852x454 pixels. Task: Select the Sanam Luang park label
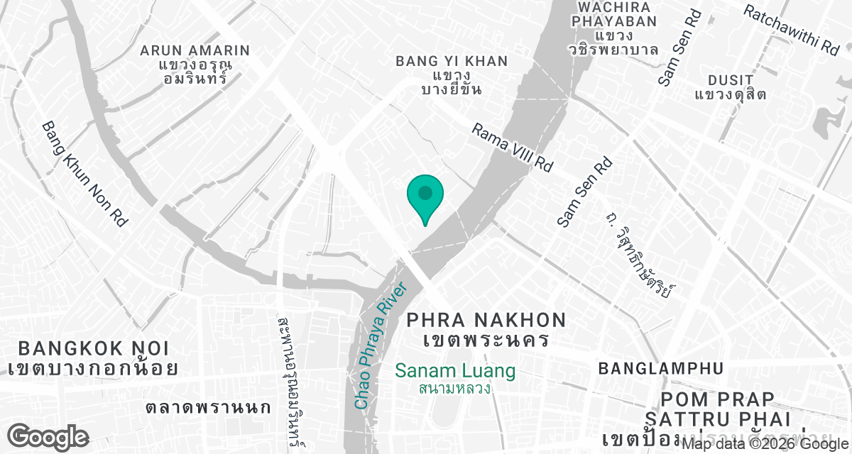[455, 371]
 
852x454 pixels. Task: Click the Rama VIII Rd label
[512, 148]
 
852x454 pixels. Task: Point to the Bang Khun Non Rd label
[84, 174]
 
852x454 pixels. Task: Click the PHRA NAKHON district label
[486, 321]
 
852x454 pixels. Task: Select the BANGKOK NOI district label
[94, 349]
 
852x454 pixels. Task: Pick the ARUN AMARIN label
[195, 50]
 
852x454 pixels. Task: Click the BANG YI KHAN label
[452, 62]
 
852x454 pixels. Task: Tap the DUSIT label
[731, 79]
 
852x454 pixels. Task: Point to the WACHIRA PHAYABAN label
[615, 14]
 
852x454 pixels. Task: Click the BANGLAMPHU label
[660, 369]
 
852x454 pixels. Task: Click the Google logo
[48, 437]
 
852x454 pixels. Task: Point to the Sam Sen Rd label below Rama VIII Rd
[584, 192]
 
